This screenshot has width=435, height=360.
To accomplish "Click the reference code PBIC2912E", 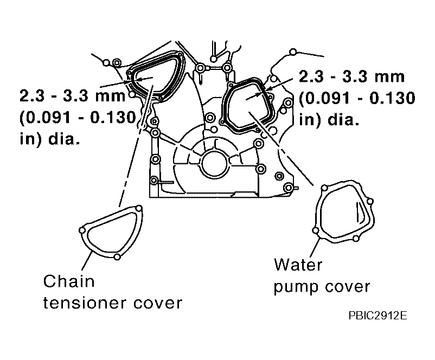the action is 378,316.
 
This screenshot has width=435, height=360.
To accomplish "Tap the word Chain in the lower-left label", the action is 69,281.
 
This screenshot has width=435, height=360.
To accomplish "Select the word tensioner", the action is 85,303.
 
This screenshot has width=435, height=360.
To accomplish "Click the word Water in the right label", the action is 298,265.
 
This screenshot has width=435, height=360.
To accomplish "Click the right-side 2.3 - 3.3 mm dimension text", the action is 351,76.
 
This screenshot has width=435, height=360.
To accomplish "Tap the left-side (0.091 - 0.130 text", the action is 78,117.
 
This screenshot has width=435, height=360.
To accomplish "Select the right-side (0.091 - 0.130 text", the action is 357,98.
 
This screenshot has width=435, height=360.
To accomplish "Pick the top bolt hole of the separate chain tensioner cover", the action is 139,208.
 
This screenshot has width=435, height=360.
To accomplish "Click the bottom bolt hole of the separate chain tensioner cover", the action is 117,257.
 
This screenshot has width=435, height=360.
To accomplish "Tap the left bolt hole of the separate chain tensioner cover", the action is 82,230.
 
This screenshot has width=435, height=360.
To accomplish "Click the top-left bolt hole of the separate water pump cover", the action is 324,188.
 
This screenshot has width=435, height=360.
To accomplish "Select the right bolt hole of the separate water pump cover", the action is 370,201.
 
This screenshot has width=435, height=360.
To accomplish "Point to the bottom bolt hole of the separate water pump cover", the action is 356,238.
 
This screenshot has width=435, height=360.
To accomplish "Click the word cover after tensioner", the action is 158,304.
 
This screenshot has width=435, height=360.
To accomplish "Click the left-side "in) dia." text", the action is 50,138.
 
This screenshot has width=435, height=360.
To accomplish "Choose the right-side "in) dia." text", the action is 329,119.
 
